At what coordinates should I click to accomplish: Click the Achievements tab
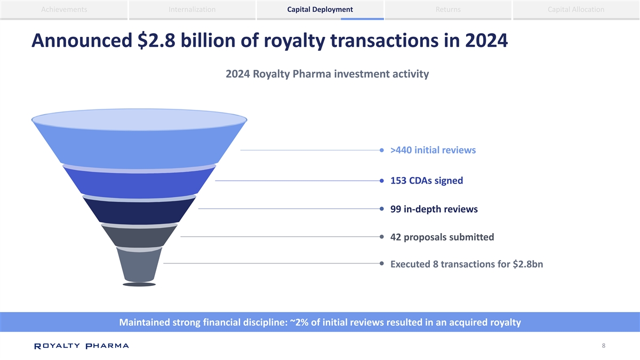(x=63, y=10)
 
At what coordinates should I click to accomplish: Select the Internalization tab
(x=192, y=10)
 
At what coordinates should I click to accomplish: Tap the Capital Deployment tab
(x=320, y=10)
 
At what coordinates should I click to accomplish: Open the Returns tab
(x=448, y=10)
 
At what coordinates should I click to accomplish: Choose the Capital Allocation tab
(x=576, y=10)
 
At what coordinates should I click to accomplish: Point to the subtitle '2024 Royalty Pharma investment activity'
(x=327, y=74)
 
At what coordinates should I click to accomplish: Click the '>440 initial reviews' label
(x=433, y=150)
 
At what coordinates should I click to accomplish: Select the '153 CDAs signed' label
(x=426, y=181)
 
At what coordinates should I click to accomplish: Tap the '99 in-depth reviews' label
(x=434, y=209)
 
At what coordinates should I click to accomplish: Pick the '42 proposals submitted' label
(x=442, y=237)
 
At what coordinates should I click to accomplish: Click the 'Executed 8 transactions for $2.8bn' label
(x=466, y=265)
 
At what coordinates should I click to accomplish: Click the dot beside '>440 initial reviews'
(x=382, y=150)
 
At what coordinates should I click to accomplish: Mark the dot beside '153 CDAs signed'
(x=382, y=181)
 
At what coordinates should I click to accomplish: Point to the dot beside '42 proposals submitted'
(x=382, y=236)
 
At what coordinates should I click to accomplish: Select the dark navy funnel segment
(x=139, y=211)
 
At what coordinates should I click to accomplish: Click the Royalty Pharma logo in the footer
(x=81, y=346)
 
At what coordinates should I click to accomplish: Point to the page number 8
(x=603, y=346)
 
